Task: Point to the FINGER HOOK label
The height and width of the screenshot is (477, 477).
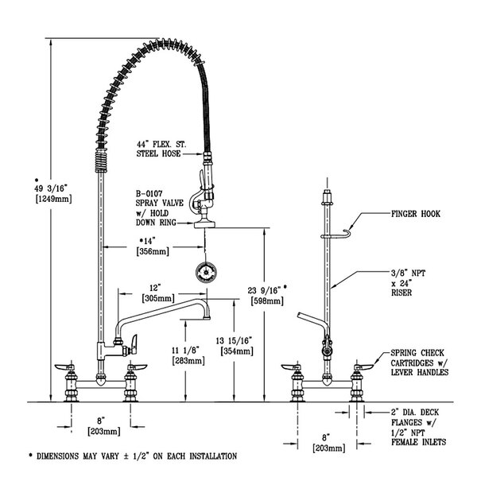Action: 415,214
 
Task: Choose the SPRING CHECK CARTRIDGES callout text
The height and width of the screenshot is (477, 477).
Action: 417,362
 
